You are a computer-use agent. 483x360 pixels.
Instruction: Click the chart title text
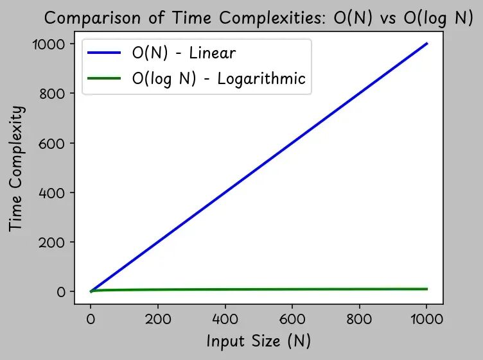click(258, 18)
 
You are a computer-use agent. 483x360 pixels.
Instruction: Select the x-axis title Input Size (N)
click(258, 340)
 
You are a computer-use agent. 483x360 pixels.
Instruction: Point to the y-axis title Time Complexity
click(18, 168)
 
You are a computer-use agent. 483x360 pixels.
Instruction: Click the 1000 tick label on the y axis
click(49, 44)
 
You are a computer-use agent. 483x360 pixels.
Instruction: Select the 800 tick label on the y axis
click(54, 94)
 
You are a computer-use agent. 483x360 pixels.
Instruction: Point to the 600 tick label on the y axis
click(54, 143)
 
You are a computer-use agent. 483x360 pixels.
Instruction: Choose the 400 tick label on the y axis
click(54, 193)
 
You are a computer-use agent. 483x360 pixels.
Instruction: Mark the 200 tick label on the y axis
click(54, 242)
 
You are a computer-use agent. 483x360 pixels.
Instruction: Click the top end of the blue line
click(426, 44)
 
